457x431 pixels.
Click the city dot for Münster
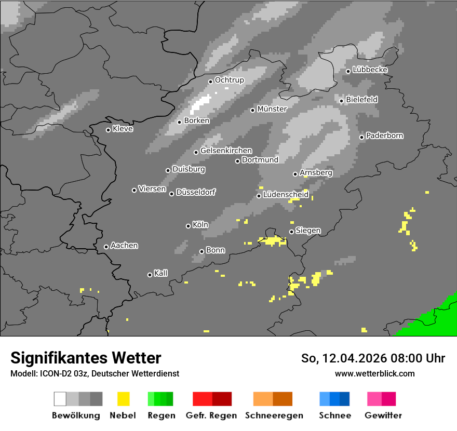pos(253,110)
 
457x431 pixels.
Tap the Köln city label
pos(200,225)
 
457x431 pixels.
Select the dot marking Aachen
pos(106,247)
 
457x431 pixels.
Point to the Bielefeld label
pos(361,99)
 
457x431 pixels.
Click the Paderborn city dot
pos(362,137)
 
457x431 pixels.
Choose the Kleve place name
pos(123,129)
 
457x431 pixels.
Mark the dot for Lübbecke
pos(348,71)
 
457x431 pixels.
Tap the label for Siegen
pos(308,231)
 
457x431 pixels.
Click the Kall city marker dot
pos(150,275)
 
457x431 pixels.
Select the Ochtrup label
pos(229,80)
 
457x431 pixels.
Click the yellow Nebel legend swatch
pos(123,399)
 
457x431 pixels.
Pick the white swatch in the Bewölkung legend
pos(60,399)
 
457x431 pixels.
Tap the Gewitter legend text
pos(383,415)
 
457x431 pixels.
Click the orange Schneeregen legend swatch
pos(263,399)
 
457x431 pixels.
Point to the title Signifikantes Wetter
pos(86,358)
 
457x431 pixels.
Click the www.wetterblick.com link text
pos(375,373)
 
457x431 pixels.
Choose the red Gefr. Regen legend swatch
pos(203,399)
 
